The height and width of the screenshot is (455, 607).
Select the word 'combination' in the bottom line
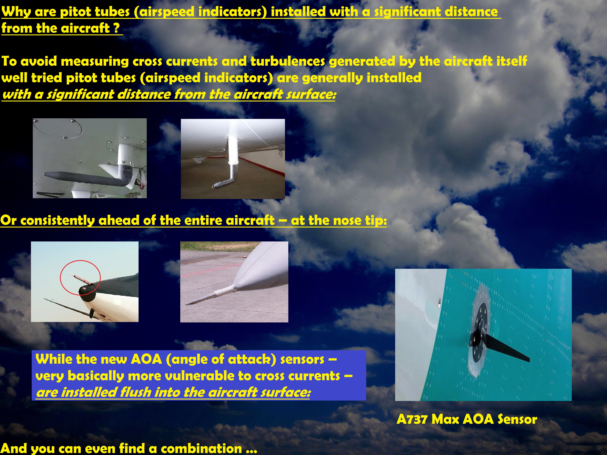click(201, 448)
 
